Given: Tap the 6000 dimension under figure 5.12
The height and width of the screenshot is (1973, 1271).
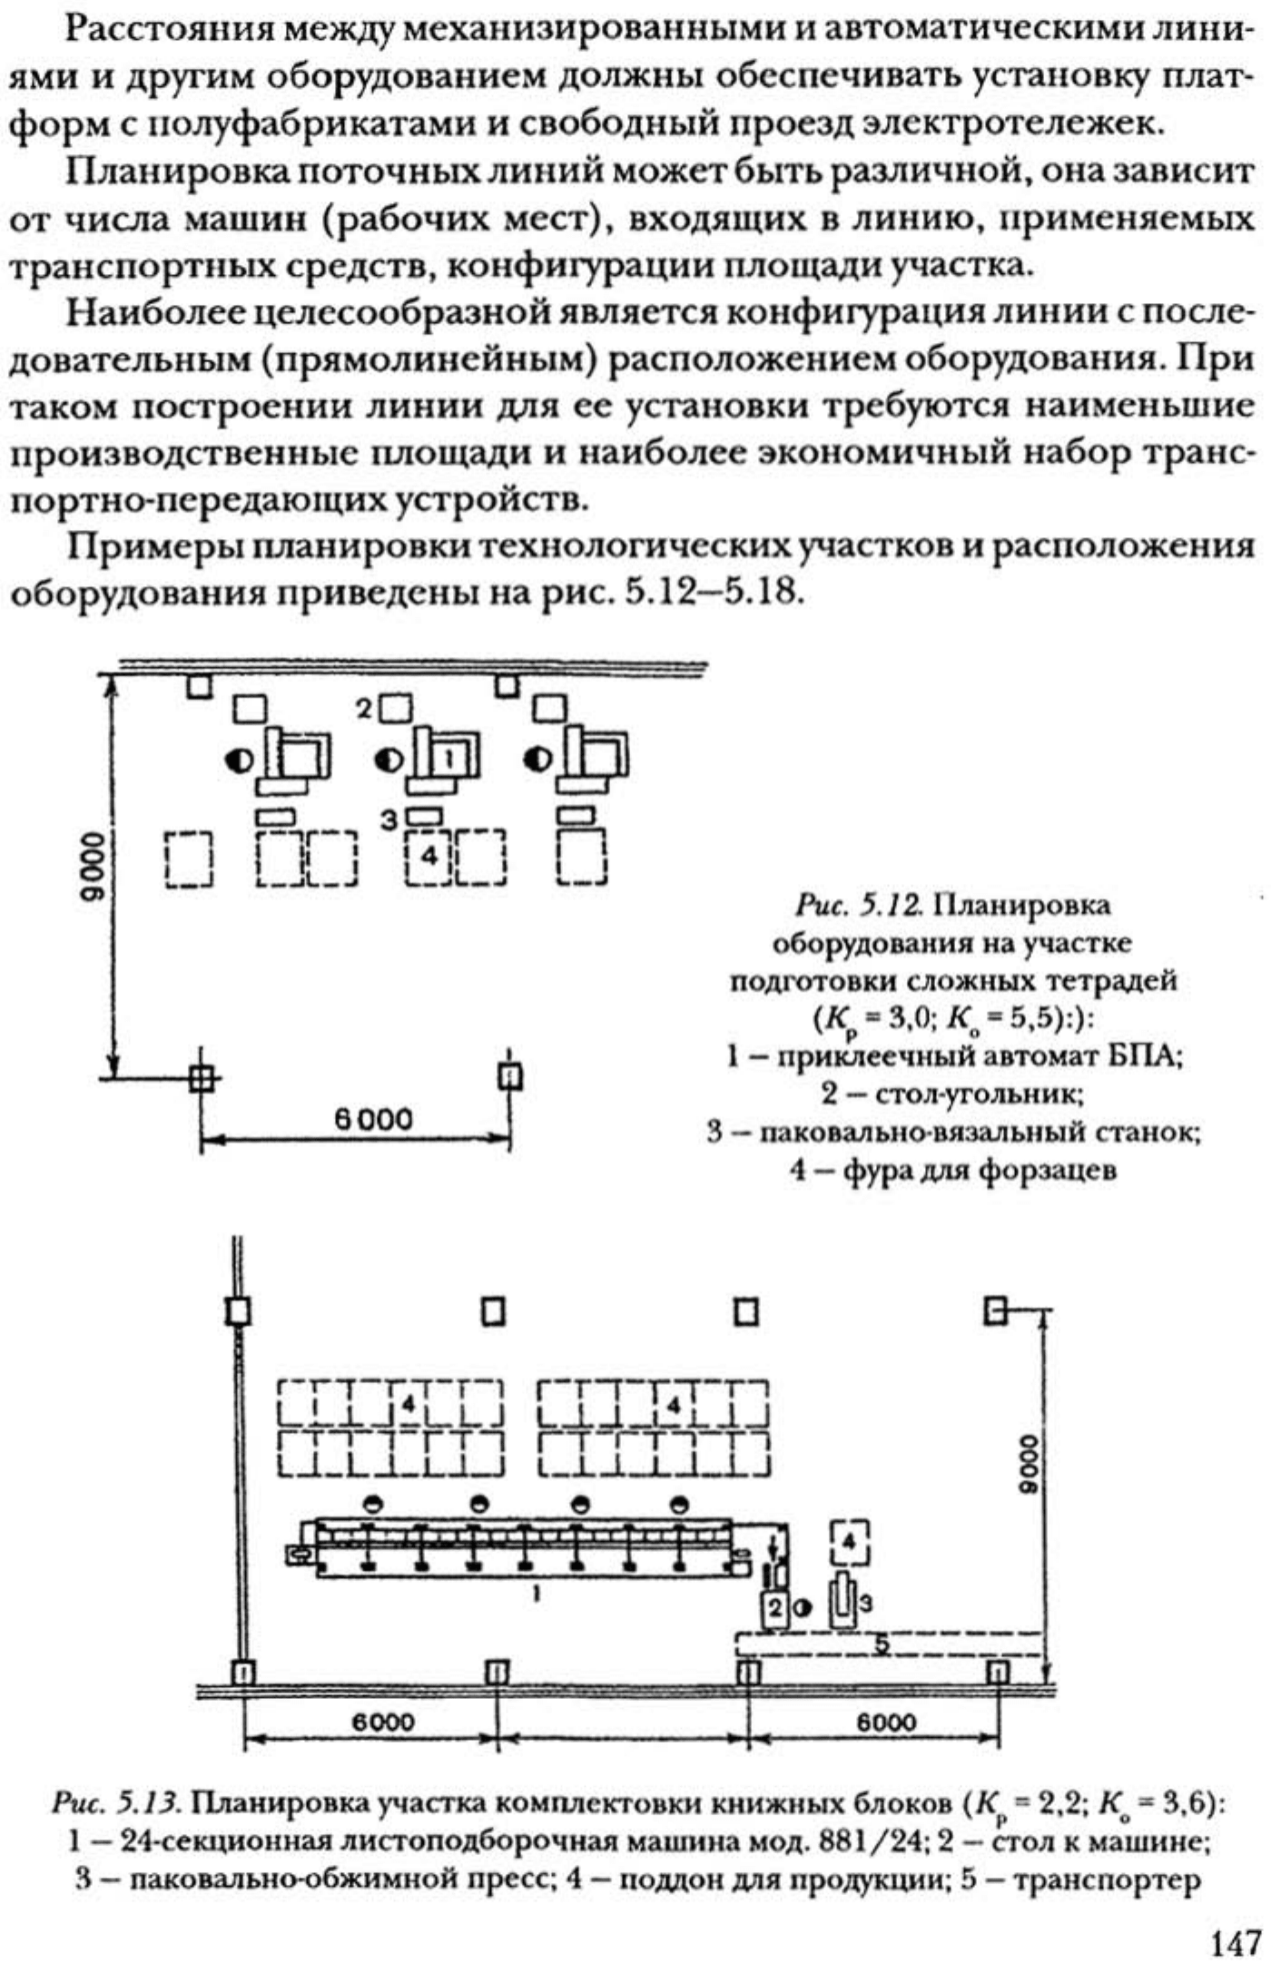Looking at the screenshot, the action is click(x=373, y=1119).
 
